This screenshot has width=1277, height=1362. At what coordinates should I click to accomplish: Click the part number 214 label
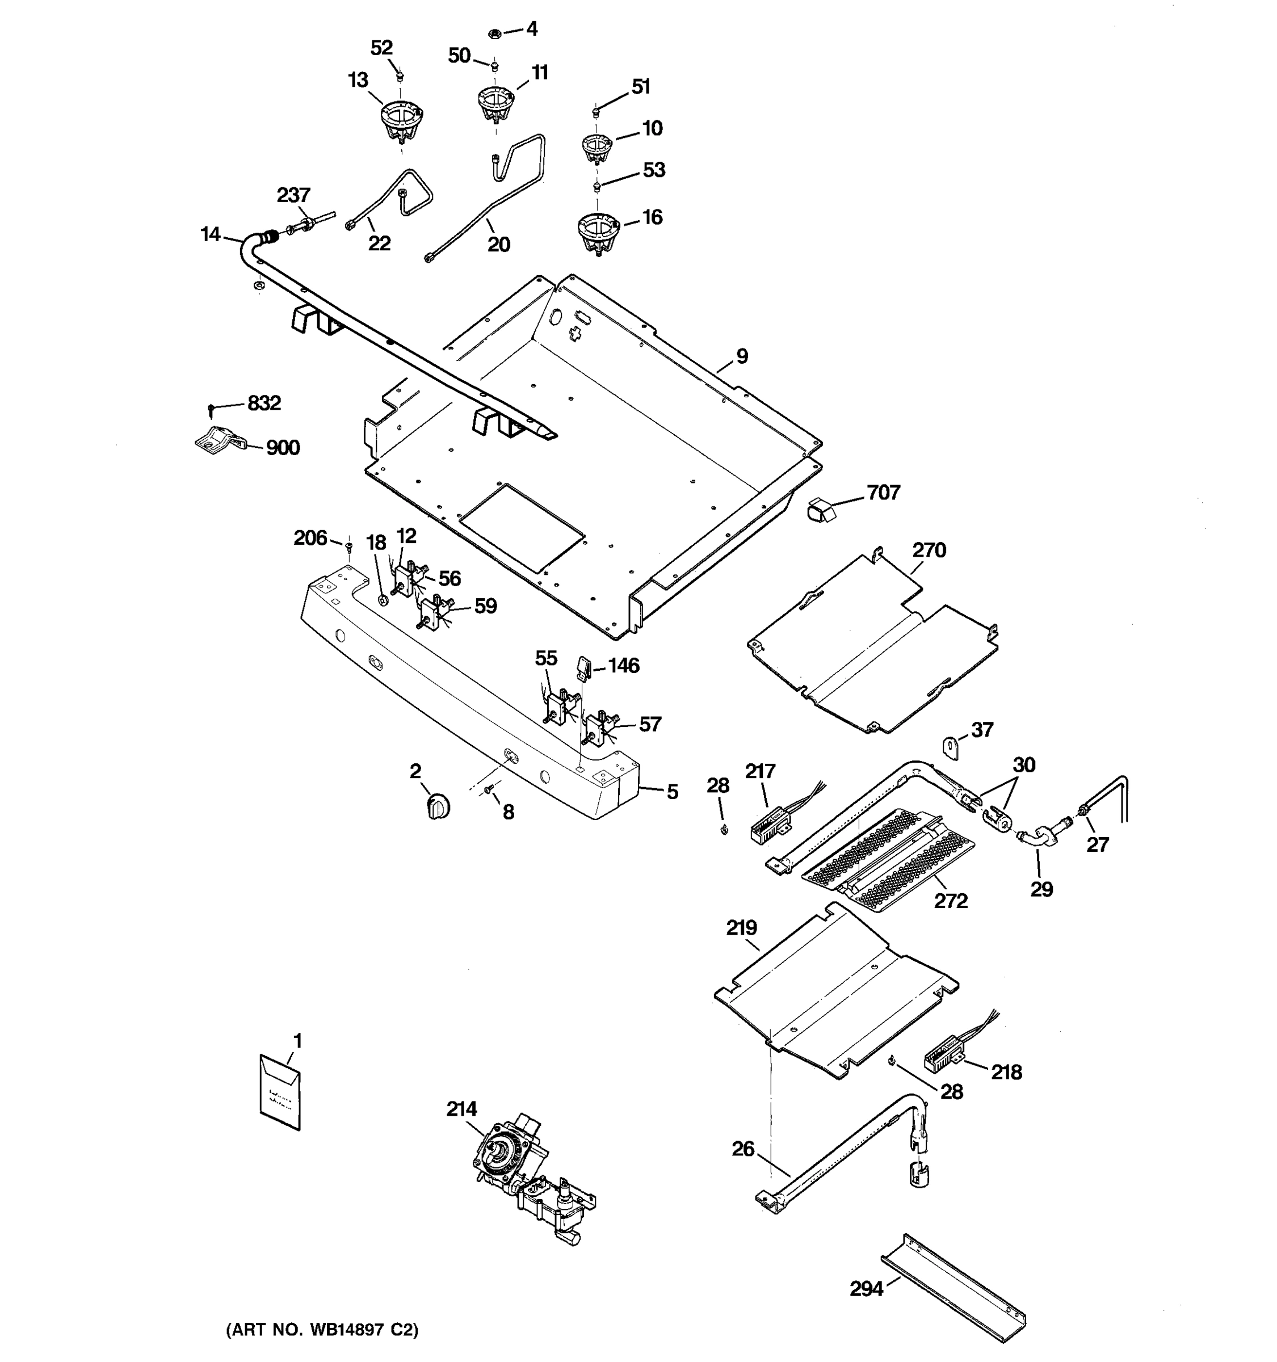pos(462,1108)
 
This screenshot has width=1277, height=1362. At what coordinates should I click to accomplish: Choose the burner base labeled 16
pos(598,233)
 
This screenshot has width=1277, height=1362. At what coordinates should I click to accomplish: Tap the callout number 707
pos(883,492)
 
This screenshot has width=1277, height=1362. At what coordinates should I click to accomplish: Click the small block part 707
pos(820,510)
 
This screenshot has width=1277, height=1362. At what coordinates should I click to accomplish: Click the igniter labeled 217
pos(767,823)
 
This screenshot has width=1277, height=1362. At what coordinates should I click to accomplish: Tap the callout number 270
pos(929,550)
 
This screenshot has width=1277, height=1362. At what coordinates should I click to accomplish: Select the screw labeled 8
pos(489,790)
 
